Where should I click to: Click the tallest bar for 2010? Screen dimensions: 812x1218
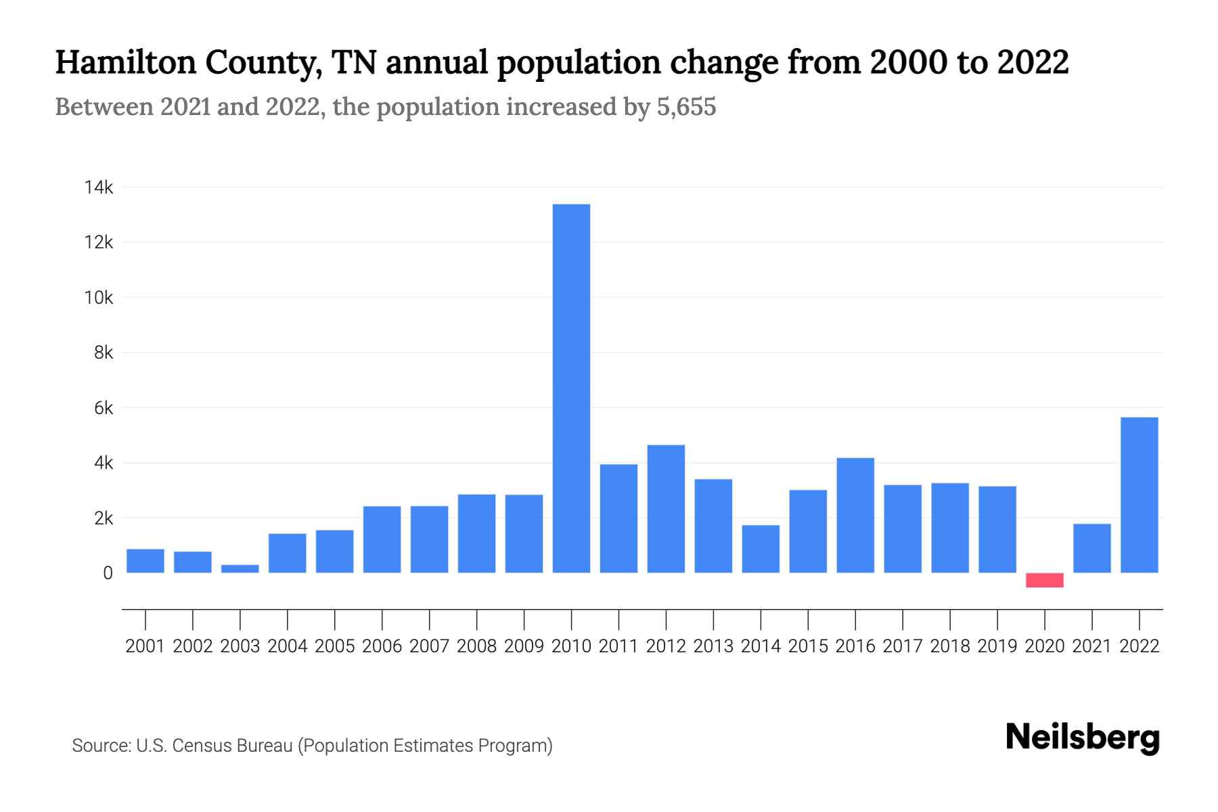(x=571, y=388)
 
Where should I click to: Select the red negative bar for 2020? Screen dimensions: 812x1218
(x=1044, y=580)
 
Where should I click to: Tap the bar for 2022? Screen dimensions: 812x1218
(x=1139, y=495)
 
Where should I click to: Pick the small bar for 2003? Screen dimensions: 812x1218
(x=240, y=568)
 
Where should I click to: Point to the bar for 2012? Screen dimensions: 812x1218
(x=666, y=509)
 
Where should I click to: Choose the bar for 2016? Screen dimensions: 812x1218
(x=855, y=515)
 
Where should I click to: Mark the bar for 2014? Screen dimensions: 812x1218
(x=761, y=549)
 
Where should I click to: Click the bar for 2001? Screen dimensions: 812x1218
(x=145, y=561)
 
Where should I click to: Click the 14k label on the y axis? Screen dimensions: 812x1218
(x=99, y=187)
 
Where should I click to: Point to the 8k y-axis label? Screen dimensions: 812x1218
(x=104, y=353)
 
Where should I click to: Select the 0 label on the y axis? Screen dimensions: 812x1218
(x=108, y=573)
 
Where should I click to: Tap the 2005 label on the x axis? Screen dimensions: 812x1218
(x=334, y=646)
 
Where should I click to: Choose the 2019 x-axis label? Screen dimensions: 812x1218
(x=997, y=646)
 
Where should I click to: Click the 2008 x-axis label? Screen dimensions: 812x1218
(x=476, y=646)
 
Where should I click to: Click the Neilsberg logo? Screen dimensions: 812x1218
(x=1082, y=738)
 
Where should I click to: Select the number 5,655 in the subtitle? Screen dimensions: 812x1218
(x=686, y=107)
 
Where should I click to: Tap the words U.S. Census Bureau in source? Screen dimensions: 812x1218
(x=214, y=746)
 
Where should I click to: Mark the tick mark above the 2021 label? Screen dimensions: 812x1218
(x=1092, y=619)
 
